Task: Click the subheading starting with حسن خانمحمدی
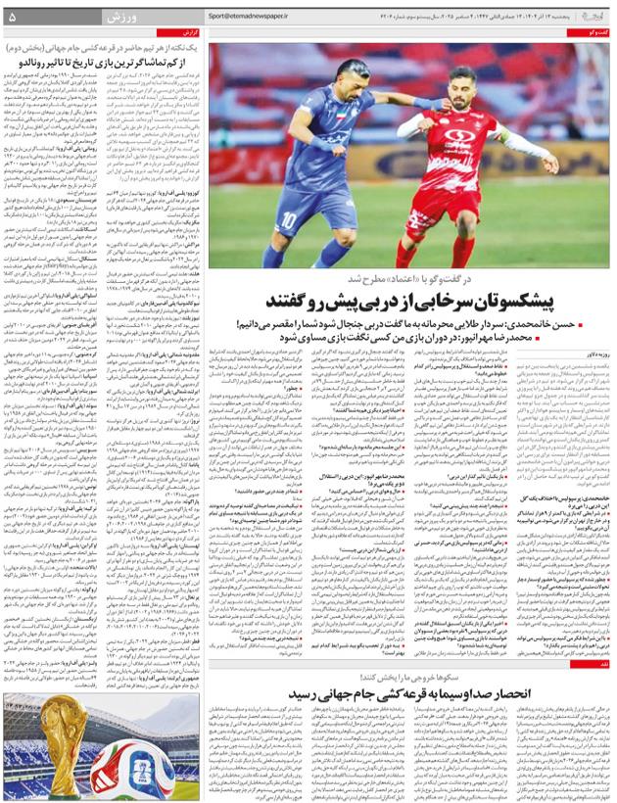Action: point(421,323)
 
